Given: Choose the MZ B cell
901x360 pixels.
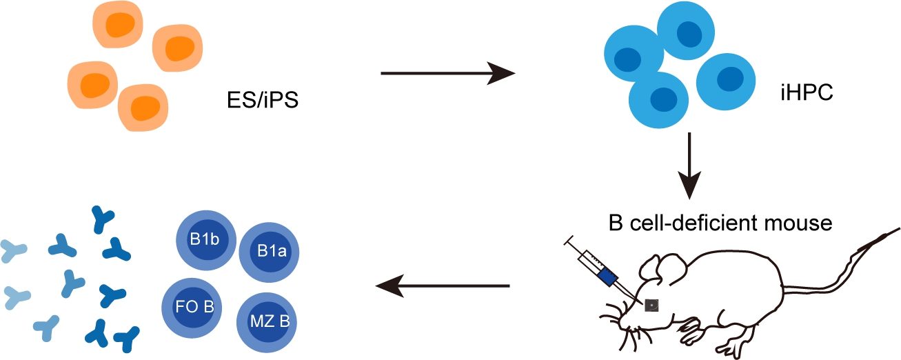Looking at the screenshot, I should [x=267, y=321].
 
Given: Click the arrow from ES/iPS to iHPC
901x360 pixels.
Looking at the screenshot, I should [x=448, y=72].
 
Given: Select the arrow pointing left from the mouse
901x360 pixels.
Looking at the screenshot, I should [x=441, y=285].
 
